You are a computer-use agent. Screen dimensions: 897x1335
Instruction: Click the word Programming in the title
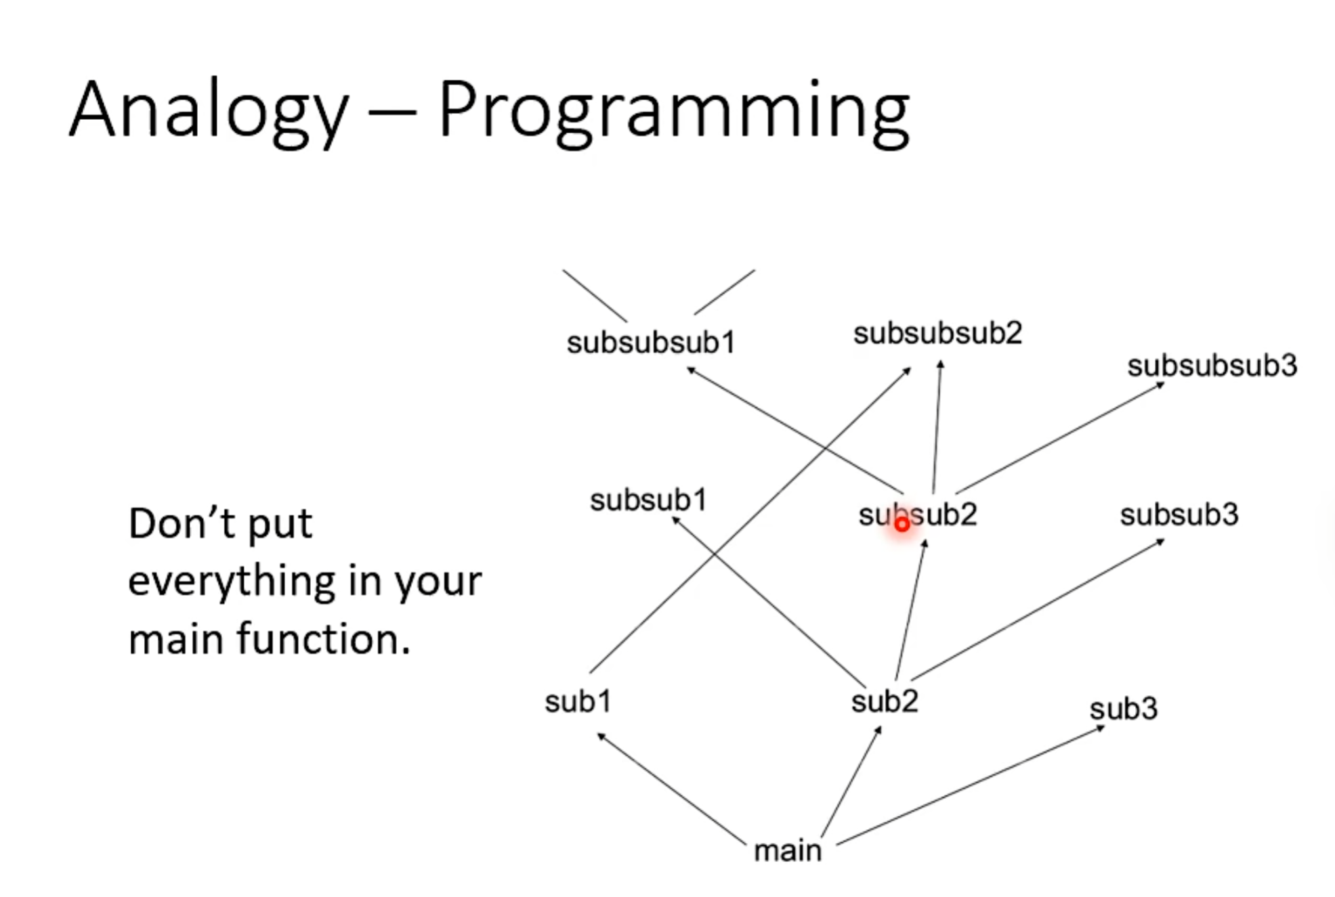(x=674, y=112)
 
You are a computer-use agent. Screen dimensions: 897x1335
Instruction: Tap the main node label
(x=788, y=850)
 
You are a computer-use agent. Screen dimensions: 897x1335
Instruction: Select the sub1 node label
(x=578, y=701)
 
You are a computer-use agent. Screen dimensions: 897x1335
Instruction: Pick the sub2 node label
(x=885, y=701)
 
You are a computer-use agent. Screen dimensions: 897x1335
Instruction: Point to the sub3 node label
(x=1124, y=709)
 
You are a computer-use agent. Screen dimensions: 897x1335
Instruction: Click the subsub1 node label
(x=648, y=501)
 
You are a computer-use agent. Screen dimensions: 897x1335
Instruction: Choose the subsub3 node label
(x=1179, y=515)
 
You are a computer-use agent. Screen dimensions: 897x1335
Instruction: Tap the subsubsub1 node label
(x=651, y=343)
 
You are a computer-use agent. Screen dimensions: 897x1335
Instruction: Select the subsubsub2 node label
(x=937, y=333)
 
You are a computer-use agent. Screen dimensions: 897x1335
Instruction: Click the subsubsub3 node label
(x=1212, y=366)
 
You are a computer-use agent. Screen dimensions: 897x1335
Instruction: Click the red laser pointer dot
(x=902, y=525)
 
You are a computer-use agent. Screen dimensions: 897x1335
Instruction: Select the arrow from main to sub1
(x=671, y=789)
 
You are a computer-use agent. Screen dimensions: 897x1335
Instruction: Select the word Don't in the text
(x=181, y=523)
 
